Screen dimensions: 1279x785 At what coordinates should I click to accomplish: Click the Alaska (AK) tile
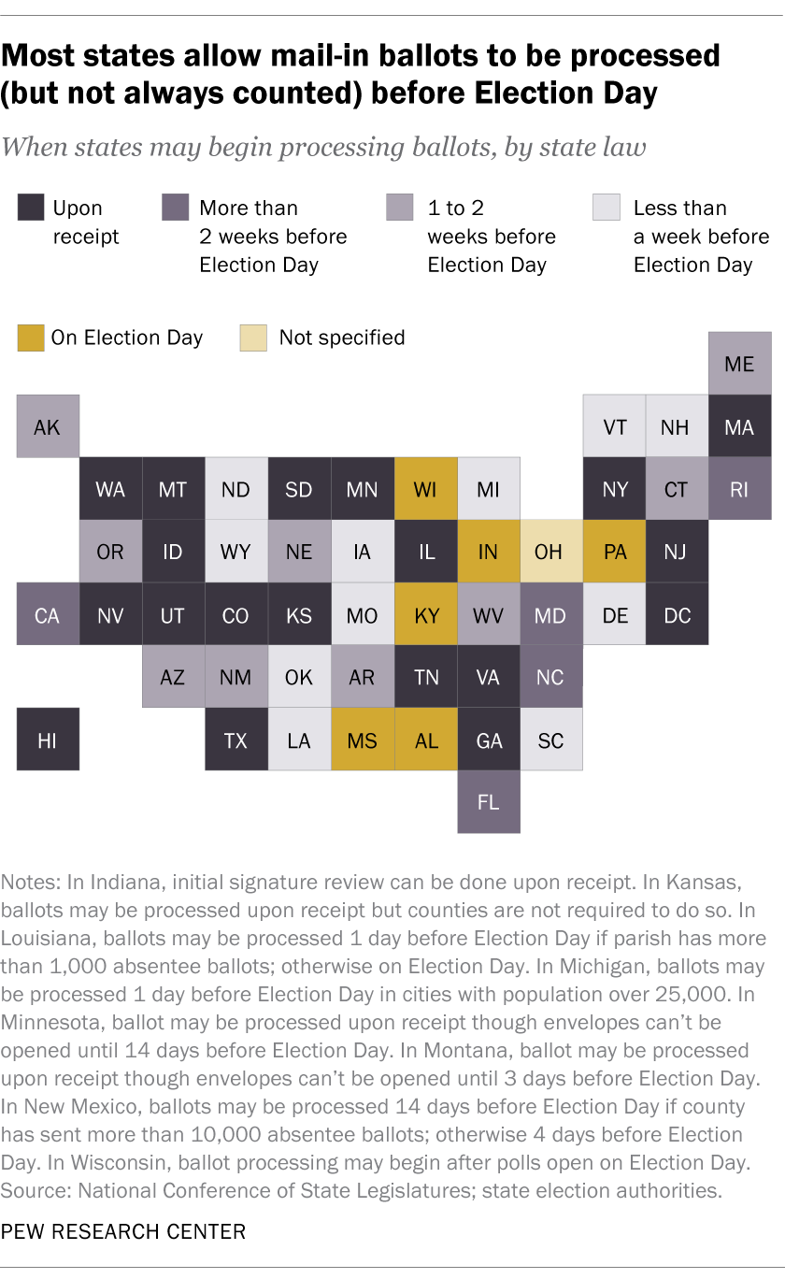click(48, 426)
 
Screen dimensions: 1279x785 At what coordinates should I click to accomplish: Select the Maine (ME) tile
click(739, 364)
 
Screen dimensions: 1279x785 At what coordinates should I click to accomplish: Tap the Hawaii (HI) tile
click(48, 740)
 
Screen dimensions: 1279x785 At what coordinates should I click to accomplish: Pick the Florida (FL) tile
click(489, 801)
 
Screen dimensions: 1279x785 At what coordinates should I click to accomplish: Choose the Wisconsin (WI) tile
click(426, 489)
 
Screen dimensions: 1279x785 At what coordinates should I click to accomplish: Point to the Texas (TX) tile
click(235, 740)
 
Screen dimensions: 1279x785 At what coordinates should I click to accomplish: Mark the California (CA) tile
click(48, 614)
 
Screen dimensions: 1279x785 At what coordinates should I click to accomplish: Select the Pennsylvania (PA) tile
click(614, 552)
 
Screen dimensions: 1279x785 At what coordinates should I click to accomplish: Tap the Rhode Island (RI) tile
click(739, 489)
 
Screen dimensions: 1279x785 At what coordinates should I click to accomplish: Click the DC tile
click(677, 614)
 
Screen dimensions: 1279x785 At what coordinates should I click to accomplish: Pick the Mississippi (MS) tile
click(363, 740)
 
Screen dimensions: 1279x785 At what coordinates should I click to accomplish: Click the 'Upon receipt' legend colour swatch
click(30, 208)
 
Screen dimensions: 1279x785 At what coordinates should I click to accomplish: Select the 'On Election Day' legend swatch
click(30, 338)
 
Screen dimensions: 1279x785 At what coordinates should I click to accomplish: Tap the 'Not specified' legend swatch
click(254, 338)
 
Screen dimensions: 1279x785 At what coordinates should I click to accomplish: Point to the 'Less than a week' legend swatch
click(606, 208)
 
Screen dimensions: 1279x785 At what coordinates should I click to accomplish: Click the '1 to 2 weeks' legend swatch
click(400, 208)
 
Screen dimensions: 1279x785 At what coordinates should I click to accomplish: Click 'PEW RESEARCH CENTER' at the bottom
click(124, 1231)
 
